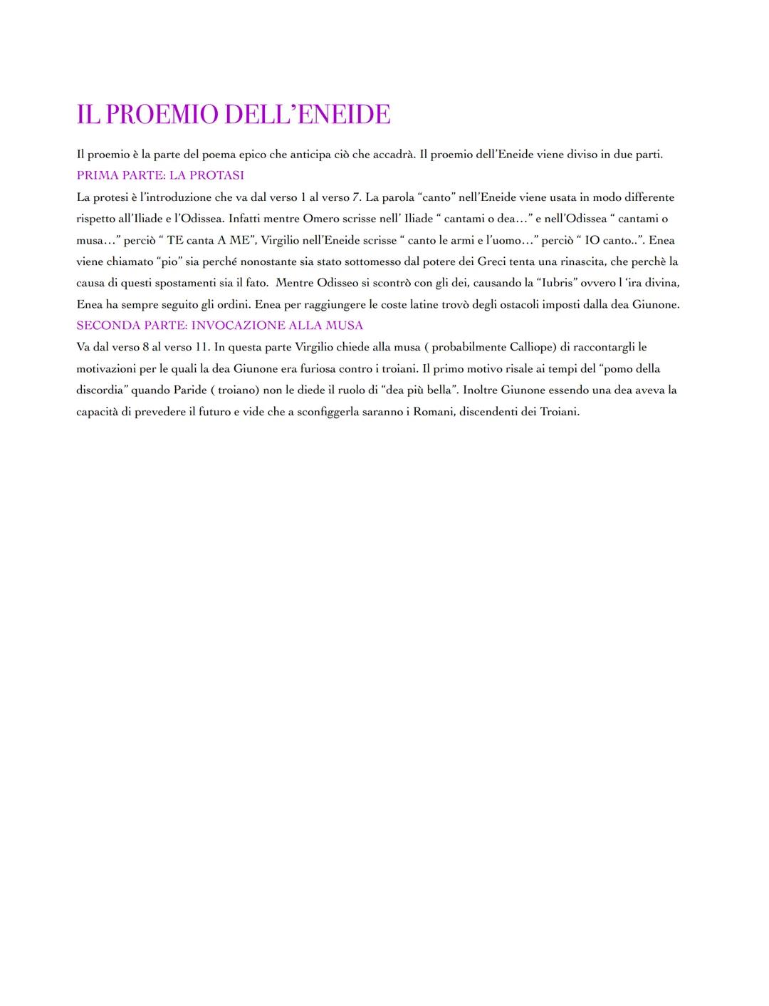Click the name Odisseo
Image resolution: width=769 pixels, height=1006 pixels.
(x=339, y=283)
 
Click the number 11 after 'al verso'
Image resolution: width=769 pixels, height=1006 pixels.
(x=202, y=347)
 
